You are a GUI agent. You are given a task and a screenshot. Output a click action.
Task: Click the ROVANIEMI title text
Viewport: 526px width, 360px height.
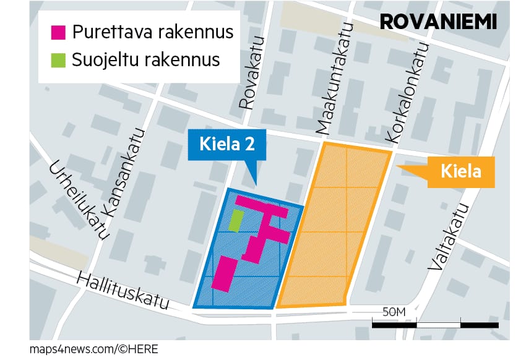pyautogui.click(x=438, y=22)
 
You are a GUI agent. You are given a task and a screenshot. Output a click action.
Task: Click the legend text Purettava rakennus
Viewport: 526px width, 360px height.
pyautogui.click(x=152, y=32)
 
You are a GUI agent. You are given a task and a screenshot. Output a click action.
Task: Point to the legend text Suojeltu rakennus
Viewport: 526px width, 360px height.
pyautogui.click(x=145, y=60)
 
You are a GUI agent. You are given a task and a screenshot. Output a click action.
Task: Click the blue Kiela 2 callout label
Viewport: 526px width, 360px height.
pyautogui.click(x=227, y=145)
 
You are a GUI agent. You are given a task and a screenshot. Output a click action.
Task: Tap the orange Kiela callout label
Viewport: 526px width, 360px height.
pyautogui.click(x=460, y=171)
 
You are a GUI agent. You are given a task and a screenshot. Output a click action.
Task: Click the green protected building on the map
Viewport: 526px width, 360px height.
pyautogui.click(x=235, y=220)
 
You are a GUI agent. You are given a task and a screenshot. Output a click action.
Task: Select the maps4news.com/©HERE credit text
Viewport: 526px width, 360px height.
pyautogui.click(x=93, y=349)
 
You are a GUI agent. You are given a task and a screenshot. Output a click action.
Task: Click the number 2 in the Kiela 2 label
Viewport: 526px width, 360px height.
pyautogui.click(x=250, y=145)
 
